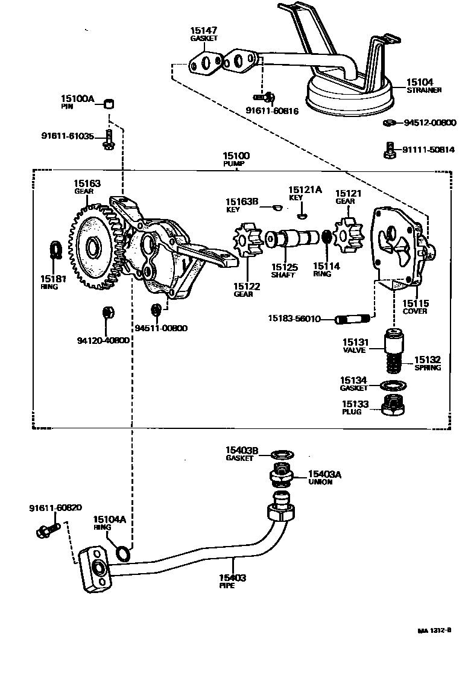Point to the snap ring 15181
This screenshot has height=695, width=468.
(x=55, y=249)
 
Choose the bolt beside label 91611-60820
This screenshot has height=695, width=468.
(x=47, y=530)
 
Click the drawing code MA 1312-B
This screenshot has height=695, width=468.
(x=434, y=631)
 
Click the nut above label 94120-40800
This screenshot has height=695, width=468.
(x=107, y=313)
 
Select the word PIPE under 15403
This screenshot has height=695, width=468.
(x=227, y=586)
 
